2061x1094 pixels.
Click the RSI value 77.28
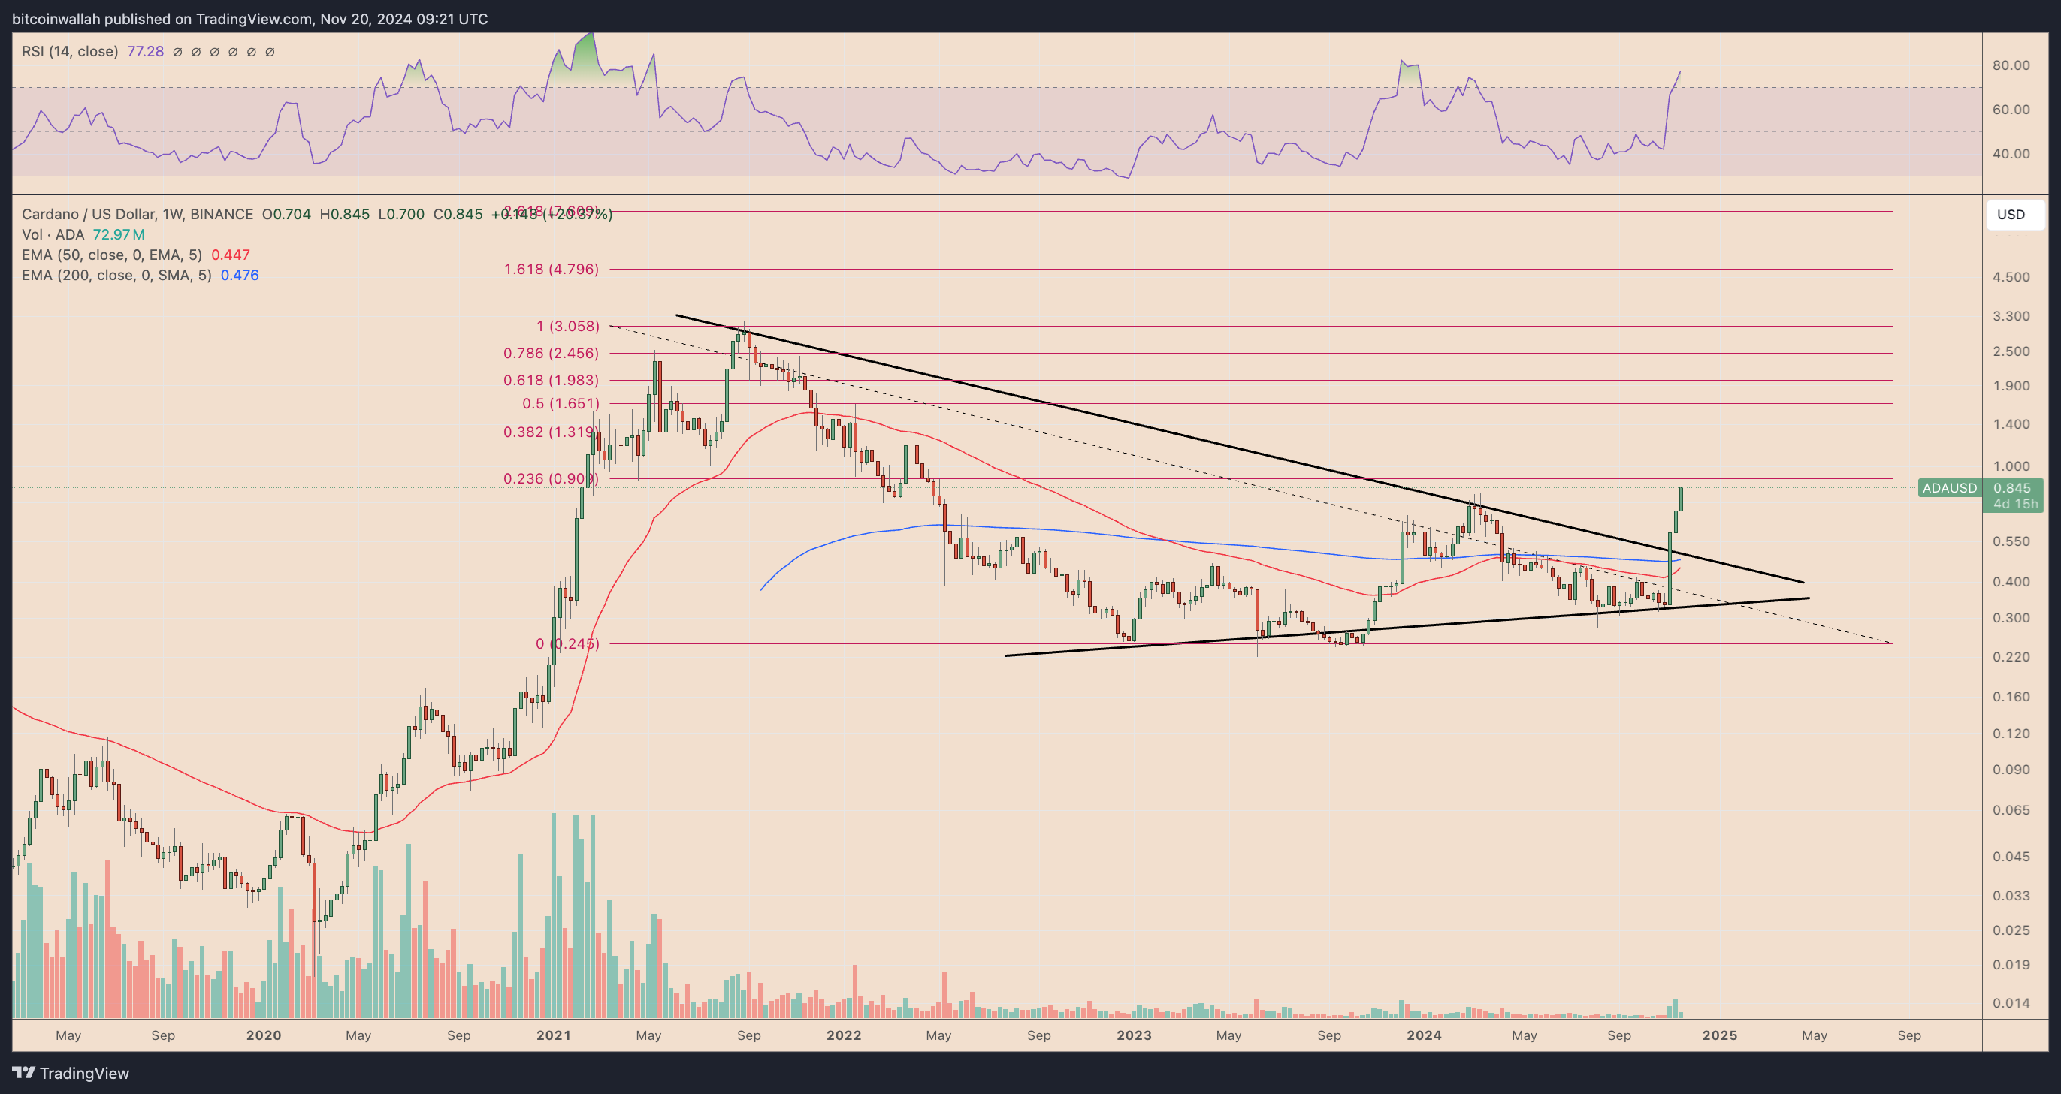tap(145, 52)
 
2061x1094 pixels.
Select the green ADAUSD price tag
tap(1949, 488)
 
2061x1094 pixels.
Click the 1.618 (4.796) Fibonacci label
tap(551, 270)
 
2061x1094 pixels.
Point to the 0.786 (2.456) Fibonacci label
tap(551, 354)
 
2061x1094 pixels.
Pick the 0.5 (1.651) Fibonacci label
tap(560, 404)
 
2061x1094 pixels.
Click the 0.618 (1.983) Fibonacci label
tap(551, 381)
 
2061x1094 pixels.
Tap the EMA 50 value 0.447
tap(231, 255)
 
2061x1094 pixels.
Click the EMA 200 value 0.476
tap(239, 275)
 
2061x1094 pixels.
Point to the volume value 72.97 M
tap(119, 234)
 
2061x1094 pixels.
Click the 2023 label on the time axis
tap(1134, 1035)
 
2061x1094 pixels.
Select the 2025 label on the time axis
tap(1719, 1035)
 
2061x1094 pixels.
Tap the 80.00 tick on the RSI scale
tap(2011, 65)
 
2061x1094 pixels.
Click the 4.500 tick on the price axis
tap(2011, 278)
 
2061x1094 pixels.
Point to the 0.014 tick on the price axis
tap(2011, 1004)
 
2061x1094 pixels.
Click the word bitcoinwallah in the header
tap(56, 18)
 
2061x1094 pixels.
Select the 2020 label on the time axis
tap(263, 1035)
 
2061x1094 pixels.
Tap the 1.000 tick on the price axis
tap(2011, 466)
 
